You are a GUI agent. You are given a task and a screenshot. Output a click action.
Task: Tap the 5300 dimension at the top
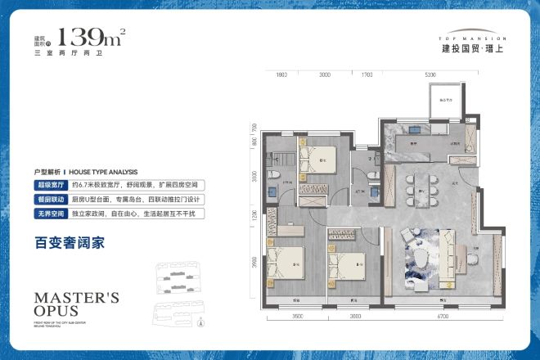click(x=431, y=74)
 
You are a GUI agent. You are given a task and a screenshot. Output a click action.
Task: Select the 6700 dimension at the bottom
click(x=442, y=315)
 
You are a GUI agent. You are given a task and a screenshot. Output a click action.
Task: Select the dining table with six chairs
click(x=423, y=187)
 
